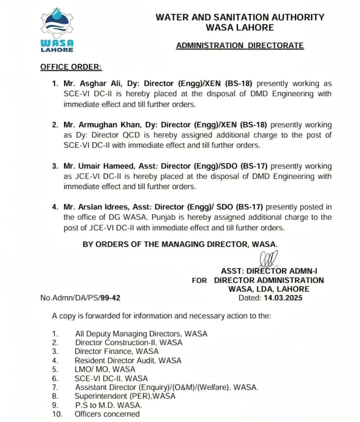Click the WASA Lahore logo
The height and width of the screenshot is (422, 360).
pos(57,30)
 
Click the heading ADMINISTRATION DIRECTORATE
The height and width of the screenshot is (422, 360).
pos(239,46)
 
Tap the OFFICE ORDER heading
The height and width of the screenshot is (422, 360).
pos(71,67)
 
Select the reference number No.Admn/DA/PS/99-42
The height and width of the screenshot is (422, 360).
pos(81,298)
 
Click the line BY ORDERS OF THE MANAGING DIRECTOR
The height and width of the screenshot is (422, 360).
pos(180,244)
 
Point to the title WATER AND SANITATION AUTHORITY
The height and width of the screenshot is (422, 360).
pos(240,17)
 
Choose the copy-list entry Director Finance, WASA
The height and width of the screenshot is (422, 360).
pos(117,351)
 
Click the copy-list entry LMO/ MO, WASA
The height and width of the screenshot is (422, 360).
pos(105,370)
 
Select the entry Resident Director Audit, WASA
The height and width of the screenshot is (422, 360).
pos(128,360)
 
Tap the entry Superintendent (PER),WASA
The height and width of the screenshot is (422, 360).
pos(125,396)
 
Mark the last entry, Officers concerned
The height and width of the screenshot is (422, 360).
pos(107,414)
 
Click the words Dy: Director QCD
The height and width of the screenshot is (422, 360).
pos(105,135)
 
